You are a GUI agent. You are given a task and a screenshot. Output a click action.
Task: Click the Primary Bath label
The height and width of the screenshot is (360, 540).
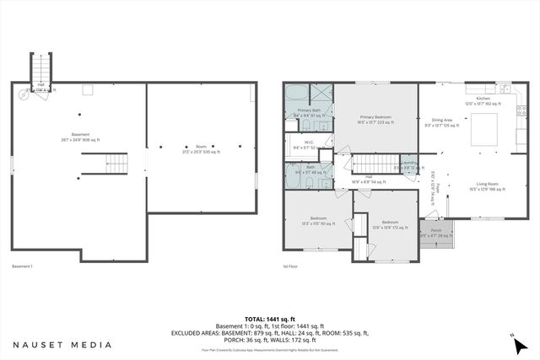coord(307,112)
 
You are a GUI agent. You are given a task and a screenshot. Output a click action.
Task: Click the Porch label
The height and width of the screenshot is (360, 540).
coord(436,233)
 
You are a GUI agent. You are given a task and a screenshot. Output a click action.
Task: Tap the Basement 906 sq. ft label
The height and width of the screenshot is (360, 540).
coord(80,137)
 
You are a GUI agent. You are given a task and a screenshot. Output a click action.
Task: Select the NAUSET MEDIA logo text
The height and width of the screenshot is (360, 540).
coord(62,345)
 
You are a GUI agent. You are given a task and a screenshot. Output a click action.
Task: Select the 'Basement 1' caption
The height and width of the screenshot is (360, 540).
coord(23,266)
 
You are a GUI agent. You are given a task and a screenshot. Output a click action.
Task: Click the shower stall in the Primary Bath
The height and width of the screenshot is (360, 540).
coord(321,93)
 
